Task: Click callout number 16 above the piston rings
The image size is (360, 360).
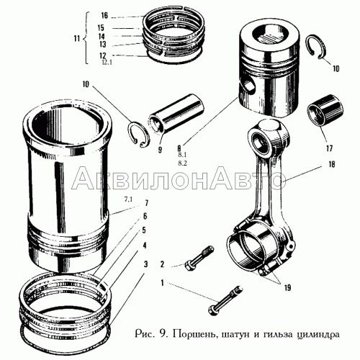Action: coord(104,16)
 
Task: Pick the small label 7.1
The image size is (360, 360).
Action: coord(128,198)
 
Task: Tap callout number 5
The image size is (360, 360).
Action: coord(145,230)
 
